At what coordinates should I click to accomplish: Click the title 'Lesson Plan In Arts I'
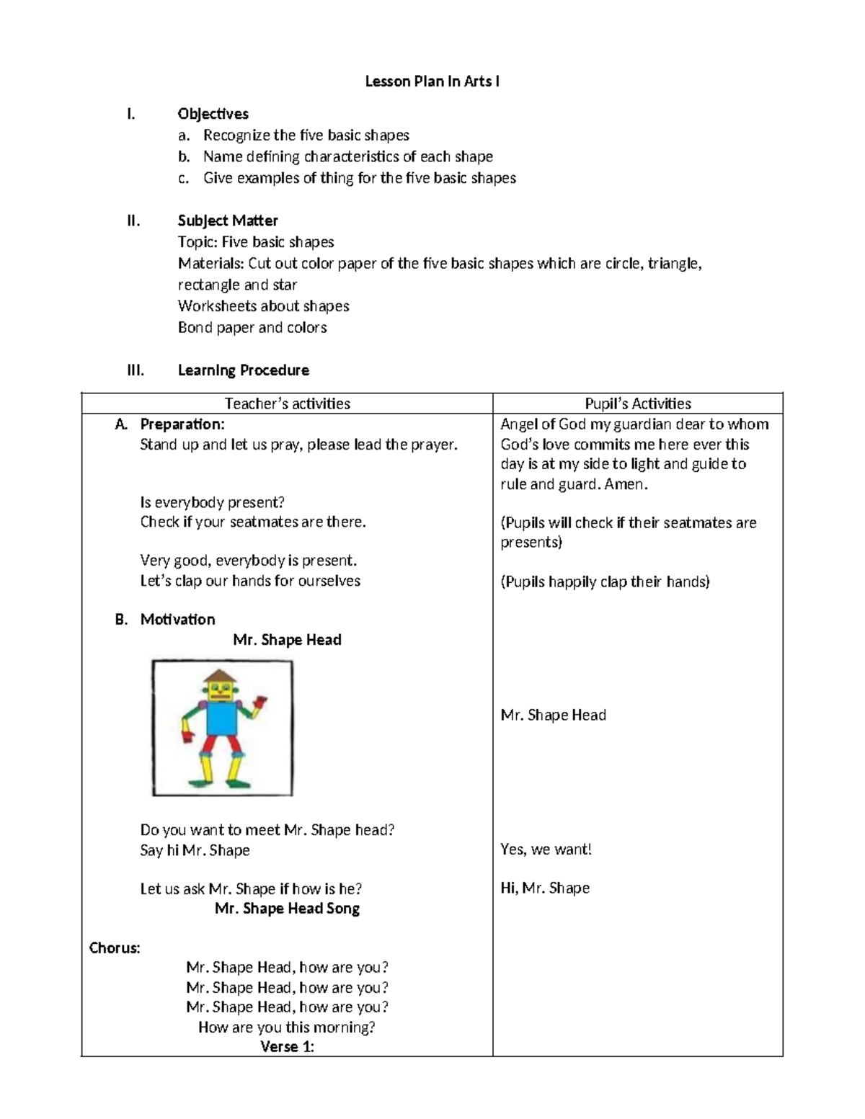[432, 81]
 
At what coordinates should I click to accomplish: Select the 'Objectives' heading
[213, 114]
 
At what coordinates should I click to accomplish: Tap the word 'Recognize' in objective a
[236, 135]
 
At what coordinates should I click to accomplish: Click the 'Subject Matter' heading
[228, 220]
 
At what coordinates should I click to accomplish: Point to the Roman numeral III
[136, 370]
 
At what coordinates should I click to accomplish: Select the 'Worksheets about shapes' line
[263, 306]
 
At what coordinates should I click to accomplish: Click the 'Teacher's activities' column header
[287, 404]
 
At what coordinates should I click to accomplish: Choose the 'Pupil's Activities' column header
[637, 404]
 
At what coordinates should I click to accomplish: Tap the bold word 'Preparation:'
[182, 424]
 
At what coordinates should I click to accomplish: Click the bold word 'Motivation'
[177, 620]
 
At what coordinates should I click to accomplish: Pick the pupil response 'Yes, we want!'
[546, 850]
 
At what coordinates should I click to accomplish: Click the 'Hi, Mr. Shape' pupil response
[545, 888]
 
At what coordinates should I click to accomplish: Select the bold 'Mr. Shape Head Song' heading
[287, 909]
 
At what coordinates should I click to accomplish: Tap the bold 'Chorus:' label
[115, 948]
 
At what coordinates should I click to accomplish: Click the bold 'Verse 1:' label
[287, 1047]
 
